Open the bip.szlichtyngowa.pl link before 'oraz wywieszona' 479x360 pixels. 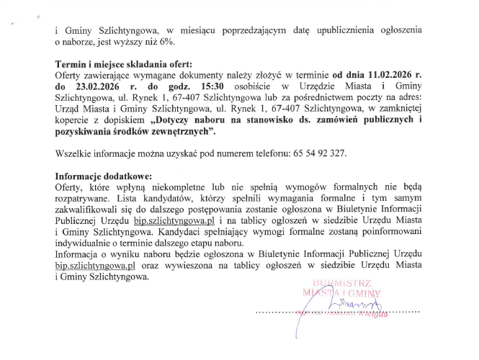(x=95, y=264)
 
